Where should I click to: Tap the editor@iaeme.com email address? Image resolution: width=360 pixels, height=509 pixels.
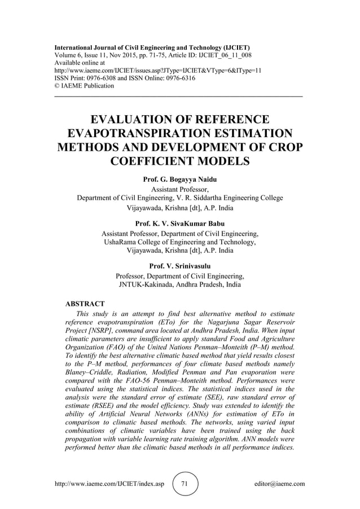click(x=280, y=484)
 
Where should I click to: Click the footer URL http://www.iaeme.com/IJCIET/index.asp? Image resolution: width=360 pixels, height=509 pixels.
click(x=109, y=484)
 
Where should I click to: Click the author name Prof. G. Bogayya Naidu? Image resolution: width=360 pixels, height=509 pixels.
click(x=180, y=179)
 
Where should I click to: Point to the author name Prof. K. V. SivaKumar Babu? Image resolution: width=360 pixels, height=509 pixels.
click(x=180, y=223)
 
